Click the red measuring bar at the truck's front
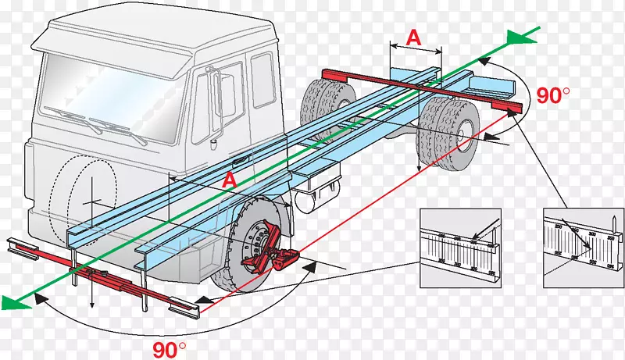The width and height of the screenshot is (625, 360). [x=102, y=275]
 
